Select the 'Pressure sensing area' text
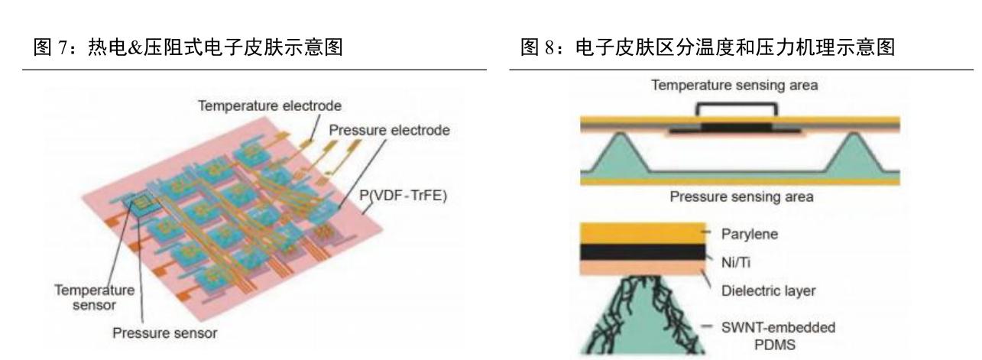click(740, 197)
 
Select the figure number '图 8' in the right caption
click(529, 50)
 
